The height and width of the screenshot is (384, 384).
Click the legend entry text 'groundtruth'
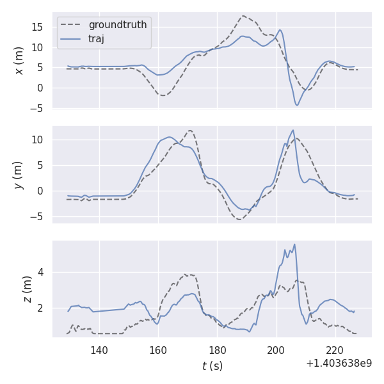coord(117,25)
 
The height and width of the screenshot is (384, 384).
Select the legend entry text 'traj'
coord(96,38)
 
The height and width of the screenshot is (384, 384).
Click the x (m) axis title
coord(20,60)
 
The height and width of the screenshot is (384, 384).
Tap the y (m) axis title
coord(20,175)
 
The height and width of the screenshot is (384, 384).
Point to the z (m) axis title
coord(27,289)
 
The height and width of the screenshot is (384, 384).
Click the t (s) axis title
coord(212,366)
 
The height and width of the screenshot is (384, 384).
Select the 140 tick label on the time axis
coord(99,350)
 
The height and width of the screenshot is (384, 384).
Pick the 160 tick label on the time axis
coord(158,350)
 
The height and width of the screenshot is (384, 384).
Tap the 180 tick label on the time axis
coord(217,350)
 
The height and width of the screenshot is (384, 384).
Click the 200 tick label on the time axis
coord(276,350)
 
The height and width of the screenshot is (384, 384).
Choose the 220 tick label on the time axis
coord(335,350)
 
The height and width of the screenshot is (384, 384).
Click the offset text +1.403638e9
coord(339,364)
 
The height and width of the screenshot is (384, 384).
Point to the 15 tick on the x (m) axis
coord(38,27)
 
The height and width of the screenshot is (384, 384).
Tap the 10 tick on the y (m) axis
coord(38,140)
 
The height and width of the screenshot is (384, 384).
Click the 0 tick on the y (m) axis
coord(41,191)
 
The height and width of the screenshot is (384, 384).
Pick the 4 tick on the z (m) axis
coord(41,272)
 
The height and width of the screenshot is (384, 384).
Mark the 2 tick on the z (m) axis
coord(41,308)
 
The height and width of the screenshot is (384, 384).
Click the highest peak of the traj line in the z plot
coord(294,244)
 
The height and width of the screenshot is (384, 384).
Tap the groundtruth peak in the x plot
coord(243,16)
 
